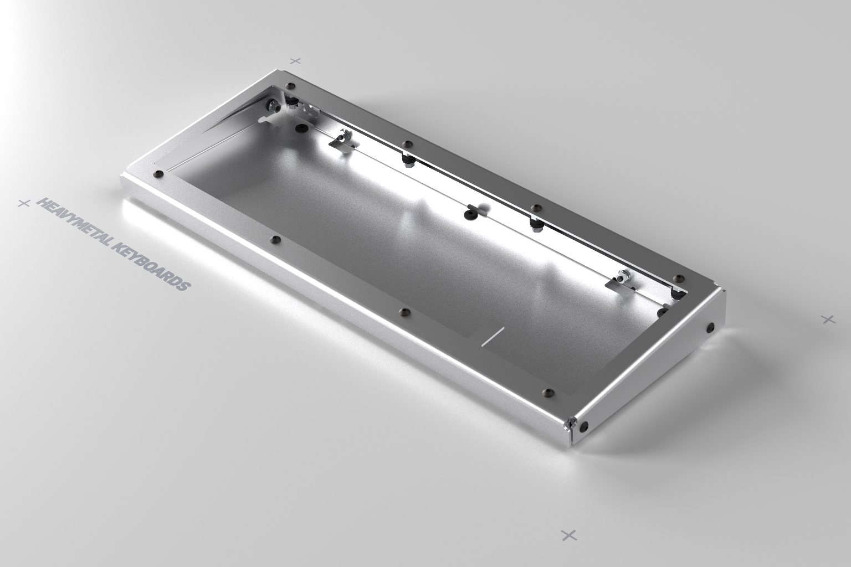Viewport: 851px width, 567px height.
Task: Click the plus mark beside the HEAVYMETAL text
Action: click(x=23, y=203)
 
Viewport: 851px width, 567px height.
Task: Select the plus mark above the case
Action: click(x=296, y=60)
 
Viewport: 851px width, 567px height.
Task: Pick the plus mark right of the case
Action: click(x=828, y=319)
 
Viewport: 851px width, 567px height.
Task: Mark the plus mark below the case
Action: click(x=569, y=535)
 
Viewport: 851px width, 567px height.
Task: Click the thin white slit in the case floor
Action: click(x=492, y=337)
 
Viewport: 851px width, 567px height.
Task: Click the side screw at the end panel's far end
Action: click(x=710, y=327)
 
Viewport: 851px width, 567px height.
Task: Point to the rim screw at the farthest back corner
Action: click(x=292, y=86)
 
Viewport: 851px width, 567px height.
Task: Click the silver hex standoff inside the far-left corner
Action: click(x=273, y=105)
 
